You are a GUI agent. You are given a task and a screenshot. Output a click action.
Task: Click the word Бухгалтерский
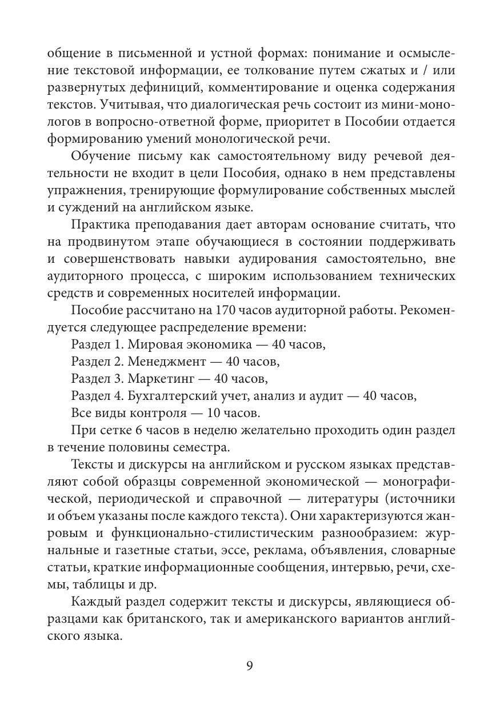[x=163, y=395]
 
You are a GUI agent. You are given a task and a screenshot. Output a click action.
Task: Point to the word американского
[x=303, y=619]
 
